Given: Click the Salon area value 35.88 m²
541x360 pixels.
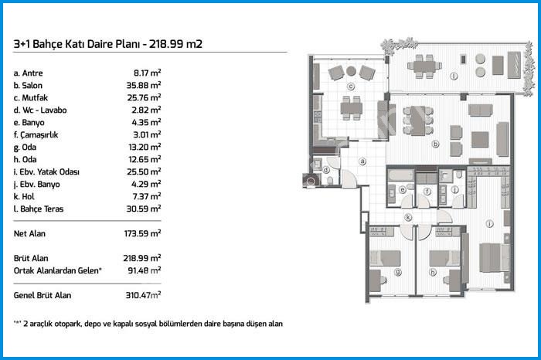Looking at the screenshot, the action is pyautogui.click(x=144, y=85).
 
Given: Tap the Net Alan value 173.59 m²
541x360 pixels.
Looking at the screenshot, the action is pyautogui.click(x=142, y=233).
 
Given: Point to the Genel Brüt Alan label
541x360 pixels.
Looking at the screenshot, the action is pyautogui.click(x=43, y=296).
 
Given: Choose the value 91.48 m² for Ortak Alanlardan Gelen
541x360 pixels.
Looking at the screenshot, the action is pyautogui.click(x=145, y=270).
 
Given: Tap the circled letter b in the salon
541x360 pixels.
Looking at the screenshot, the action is pyautogui.click(x=435, y=144).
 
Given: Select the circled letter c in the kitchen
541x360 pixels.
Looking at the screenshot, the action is pyautogui.click(x=351, y=87).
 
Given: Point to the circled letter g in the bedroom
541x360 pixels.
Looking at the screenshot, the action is pyautogui.click(x=398, y=273).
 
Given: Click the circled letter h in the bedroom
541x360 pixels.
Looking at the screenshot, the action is pyautogui.click(x=433, y=273).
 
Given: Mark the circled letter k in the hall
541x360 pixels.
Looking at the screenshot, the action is pyautogui.click(x=408, y=217).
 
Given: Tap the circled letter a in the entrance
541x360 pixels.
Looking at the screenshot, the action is pyautogui.click(x=362, y=161).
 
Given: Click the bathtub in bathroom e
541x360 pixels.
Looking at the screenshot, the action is pyautogui.click(x=400, y=175).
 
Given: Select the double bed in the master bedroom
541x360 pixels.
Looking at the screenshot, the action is pyautogui.click(x=494, y=257).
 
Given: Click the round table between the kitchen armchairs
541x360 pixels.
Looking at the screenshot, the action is pyautogui.click(x=351, y=71).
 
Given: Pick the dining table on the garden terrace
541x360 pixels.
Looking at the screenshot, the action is pyautogui.click(x=424, y=65).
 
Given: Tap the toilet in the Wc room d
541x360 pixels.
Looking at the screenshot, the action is pyautogui.click(x=330, y=180).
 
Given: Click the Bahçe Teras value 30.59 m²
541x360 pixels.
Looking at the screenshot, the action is pyautogui.click(x=144, y=209).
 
